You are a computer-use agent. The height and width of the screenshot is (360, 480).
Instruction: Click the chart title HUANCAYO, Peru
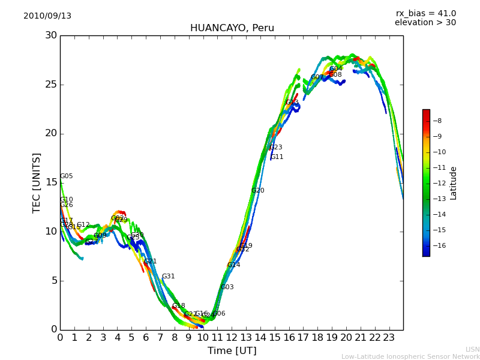tap(232, 28)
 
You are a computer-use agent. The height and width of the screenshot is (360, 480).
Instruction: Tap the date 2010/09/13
tap(47, 16)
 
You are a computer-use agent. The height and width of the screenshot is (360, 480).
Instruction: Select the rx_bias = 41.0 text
tap(425, 14)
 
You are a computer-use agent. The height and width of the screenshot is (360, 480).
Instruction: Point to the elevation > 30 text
tap(425, 23)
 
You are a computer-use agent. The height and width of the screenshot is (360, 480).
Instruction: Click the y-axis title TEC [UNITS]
tap(37, 182)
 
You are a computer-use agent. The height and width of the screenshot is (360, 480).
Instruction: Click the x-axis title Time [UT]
tap(232, 351)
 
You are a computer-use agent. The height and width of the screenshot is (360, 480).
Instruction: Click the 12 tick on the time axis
tap(232, 338)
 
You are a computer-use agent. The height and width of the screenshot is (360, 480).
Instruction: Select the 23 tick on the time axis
tap(389, 338)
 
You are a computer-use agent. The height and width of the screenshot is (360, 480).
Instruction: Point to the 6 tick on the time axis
tap(146, 338)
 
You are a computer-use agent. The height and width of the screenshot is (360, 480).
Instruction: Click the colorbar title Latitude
tap(454, 183)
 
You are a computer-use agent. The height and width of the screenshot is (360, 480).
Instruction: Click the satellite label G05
tap(67, 176)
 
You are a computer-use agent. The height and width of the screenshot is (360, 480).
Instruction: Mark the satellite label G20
tap(258, 191)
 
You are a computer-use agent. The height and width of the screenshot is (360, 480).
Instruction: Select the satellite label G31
tap(169, 277)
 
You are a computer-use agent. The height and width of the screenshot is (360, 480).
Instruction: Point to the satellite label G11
tap(277, 157)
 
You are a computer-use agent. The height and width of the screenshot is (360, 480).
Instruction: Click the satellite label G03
tap(227, 287)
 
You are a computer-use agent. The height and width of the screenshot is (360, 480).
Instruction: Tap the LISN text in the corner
tap(473, 349)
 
